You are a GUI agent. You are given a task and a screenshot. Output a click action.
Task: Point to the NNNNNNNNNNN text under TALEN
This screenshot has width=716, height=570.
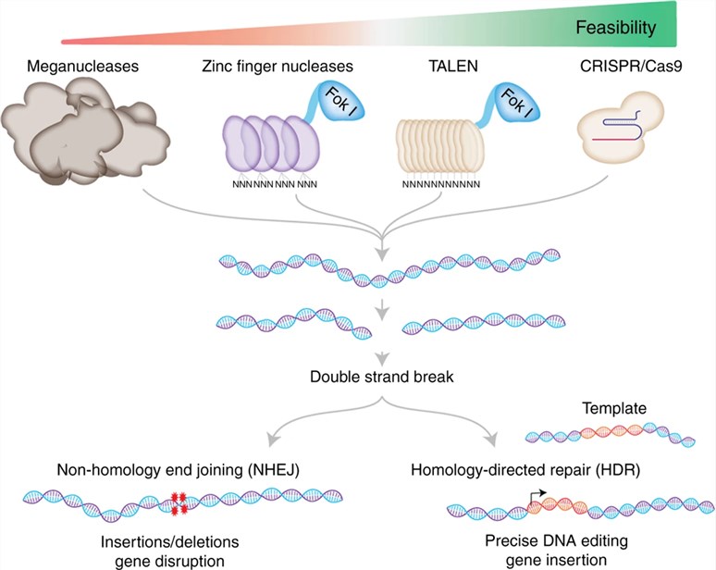click(440, 184)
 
